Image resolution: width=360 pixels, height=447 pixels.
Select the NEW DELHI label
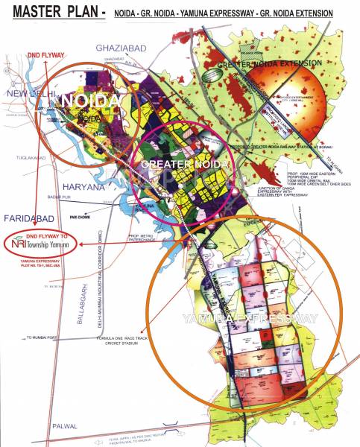[x=22, y=93]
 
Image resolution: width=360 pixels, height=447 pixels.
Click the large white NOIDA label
[x=89, y=101]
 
